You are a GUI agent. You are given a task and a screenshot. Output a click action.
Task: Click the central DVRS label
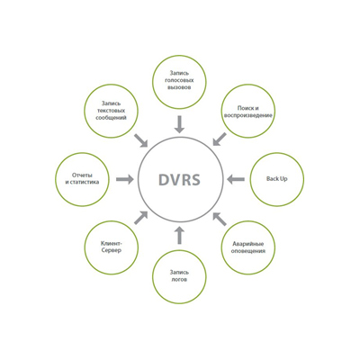pos(179,179)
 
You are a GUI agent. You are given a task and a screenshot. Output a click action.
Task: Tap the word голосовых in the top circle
pos(179,80)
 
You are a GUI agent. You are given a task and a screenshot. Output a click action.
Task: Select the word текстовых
pos(112,111)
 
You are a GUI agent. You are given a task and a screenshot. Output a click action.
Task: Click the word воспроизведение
pos(248,115)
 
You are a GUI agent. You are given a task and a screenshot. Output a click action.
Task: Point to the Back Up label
pos(277,179)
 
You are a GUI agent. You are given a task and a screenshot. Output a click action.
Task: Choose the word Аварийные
pos(248,244)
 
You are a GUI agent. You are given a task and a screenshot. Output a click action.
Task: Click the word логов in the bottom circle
pos(179,280)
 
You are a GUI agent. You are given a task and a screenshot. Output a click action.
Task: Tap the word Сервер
pos(112,250)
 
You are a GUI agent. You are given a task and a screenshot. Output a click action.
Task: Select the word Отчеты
pos(82,175)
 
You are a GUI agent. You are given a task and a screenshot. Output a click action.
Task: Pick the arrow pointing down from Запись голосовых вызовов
pos(179,124)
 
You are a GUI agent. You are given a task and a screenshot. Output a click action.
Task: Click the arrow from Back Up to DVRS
pos(236,179)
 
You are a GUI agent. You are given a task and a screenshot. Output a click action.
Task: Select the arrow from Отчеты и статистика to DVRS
pos(125,179)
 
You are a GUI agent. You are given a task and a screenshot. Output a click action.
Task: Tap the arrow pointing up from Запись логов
pos(179,235)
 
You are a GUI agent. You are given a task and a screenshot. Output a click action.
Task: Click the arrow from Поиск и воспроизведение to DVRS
pos(220,139)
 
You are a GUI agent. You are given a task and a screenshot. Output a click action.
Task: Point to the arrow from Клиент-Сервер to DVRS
pos(140,218)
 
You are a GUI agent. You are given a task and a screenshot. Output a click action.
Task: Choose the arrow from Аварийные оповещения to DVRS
pos(220,219)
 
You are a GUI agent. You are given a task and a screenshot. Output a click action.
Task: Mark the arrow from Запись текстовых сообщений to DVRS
pos(140,140)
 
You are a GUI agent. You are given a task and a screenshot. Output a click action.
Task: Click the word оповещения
pos(248,251)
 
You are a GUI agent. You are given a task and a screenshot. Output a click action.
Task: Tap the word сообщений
pos(111,118)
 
